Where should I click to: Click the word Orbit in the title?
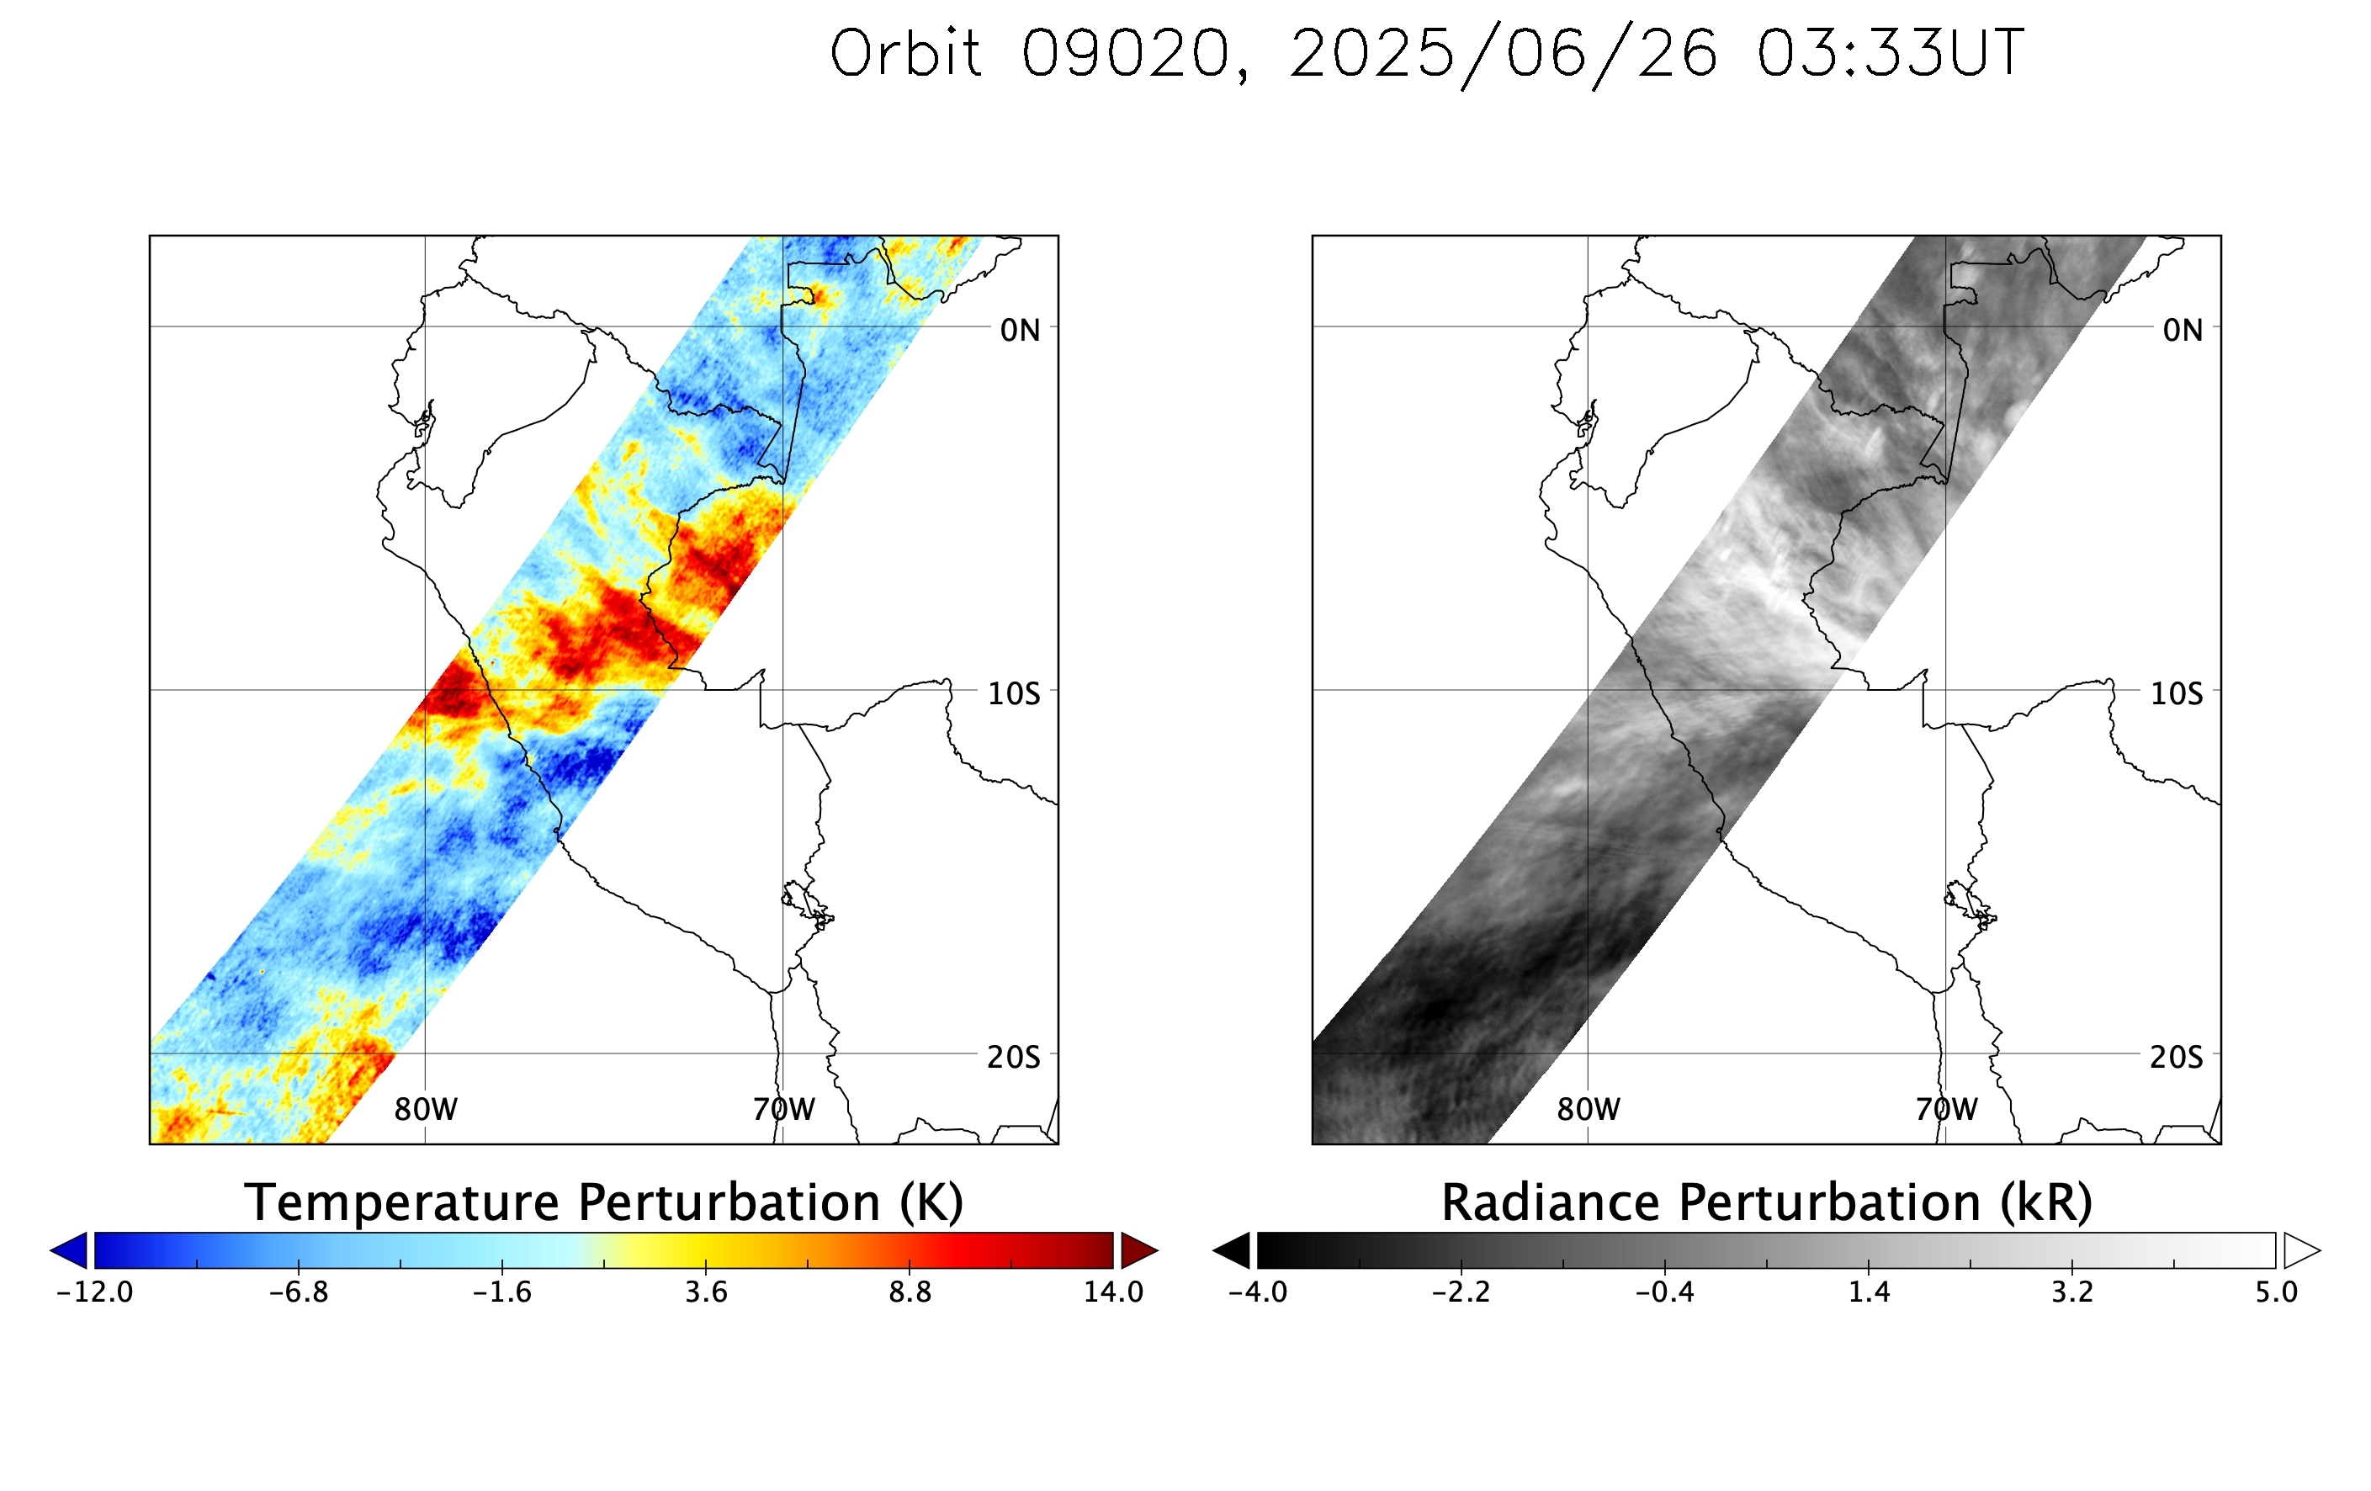coord(906,53)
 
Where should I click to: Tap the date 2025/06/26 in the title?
coord(1504,56)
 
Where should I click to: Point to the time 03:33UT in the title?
coord(1891,53)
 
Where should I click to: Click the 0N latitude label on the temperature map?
coord(1020,331)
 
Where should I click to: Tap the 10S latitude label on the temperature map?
coord(1013,694)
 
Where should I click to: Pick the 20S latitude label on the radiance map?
coord(2176,1058)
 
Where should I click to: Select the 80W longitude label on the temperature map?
coord(426,1110)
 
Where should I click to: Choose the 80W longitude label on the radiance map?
coord(1589,1110)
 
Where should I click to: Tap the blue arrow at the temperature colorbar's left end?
coord(69,1250)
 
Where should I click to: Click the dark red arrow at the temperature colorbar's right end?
coord(1139,1250)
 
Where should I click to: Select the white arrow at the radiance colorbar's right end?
coord(2302,1250)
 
